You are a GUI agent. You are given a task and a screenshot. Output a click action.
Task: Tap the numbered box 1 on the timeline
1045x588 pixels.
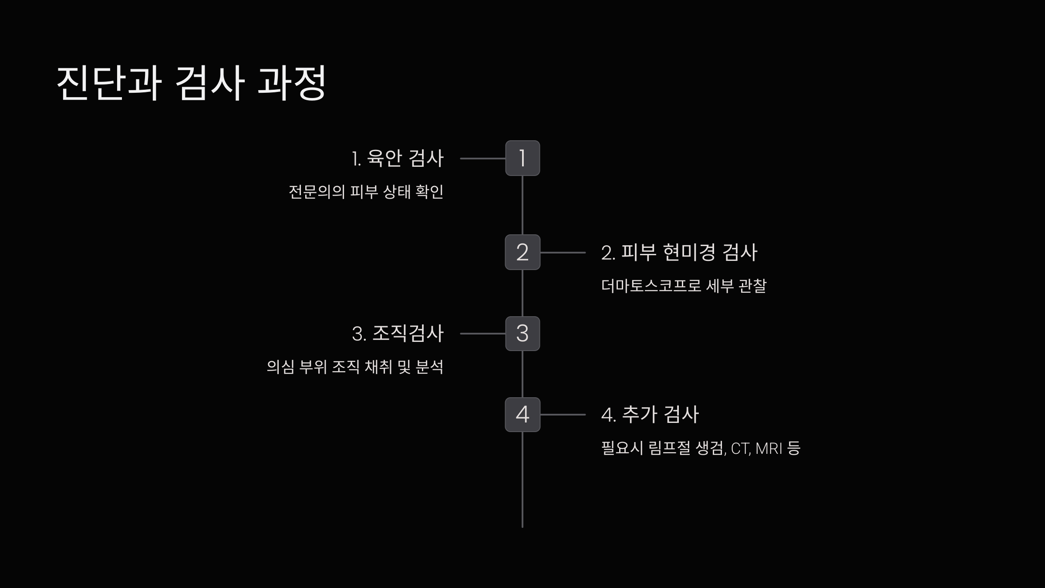tap(522, 158)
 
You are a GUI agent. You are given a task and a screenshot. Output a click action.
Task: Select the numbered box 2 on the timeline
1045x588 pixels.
tap(522, 252)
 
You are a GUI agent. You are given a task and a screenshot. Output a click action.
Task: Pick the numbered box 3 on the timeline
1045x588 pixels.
tap(522, 334)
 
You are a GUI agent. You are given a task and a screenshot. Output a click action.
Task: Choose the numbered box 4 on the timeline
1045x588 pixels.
tap(522, 415)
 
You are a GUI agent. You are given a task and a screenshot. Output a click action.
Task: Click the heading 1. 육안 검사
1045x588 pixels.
tap(398, 158)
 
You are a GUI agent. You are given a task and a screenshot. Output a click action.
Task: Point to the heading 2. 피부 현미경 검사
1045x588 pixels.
tap(679, 252)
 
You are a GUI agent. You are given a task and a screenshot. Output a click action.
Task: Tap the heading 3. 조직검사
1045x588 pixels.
tap(398, 334)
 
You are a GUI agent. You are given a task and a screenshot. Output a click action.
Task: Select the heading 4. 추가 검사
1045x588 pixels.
tap(650, 415)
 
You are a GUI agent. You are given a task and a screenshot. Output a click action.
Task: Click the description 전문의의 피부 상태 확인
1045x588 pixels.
tap(366, 192)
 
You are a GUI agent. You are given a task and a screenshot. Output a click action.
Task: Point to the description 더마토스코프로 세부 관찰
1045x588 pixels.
tap(684, 286)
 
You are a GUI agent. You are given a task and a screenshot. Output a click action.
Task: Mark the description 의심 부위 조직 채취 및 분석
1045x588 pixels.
tap(355, 367)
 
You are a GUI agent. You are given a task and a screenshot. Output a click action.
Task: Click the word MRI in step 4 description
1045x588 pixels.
tap(769, 448)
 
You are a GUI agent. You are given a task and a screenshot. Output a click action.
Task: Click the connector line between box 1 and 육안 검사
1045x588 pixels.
tap(482, 159)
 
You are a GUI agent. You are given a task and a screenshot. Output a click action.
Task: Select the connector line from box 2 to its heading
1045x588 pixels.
tap(563, 253)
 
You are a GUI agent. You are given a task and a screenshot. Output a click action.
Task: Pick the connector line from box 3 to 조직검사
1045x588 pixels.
tap(482, 334)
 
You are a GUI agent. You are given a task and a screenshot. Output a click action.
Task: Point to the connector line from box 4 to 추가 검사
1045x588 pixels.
tap(563, 415)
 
